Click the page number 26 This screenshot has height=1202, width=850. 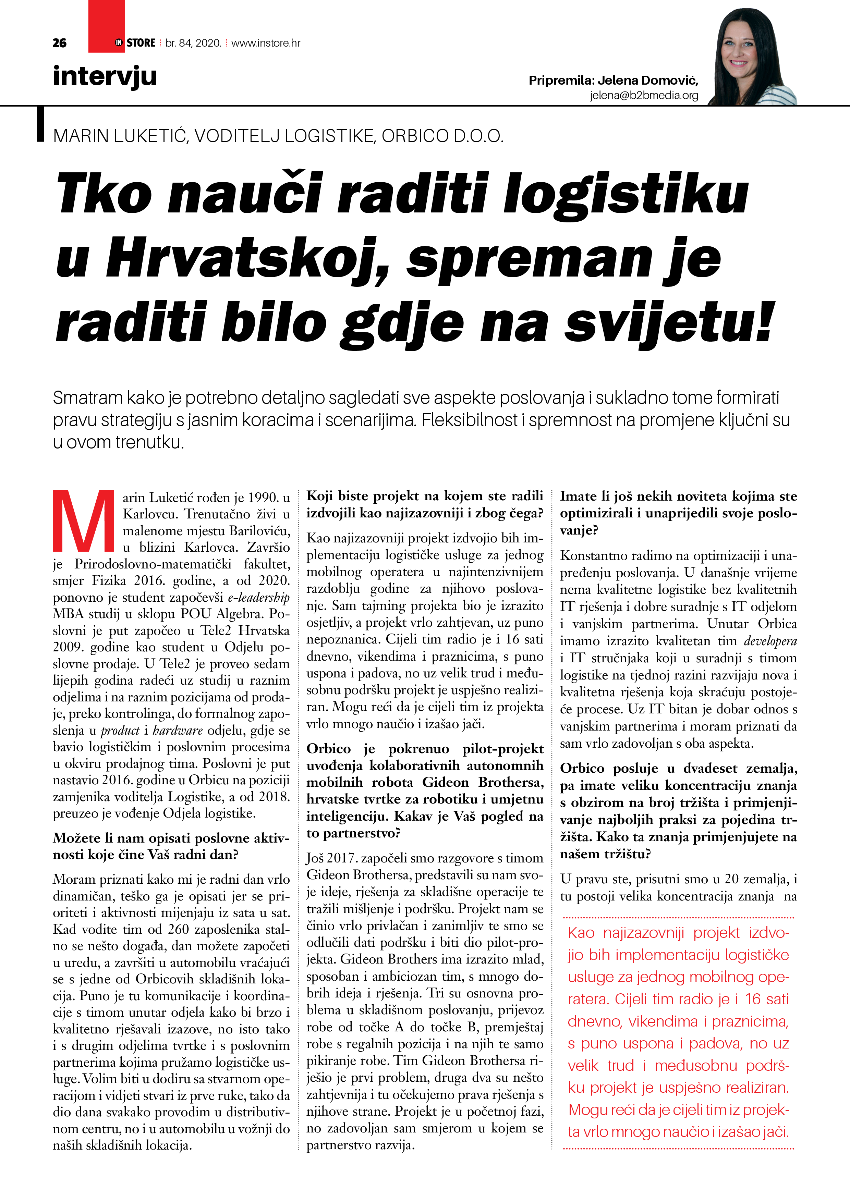click(59, 43)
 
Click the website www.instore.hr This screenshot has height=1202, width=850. click(266, 43)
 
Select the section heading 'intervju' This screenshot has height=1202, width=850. click(105, 76)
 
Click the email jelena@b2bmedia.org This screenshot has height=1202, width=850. click(644, 95)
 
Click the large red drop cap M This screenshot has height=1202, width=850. click(84, 520)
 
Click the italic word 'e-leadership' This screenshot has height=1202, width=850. click(258, 597)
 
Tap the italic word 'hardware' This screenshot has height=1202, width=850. click(178, 730)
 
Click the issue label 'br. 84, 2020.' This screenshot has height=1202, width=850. click(193, 43)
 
